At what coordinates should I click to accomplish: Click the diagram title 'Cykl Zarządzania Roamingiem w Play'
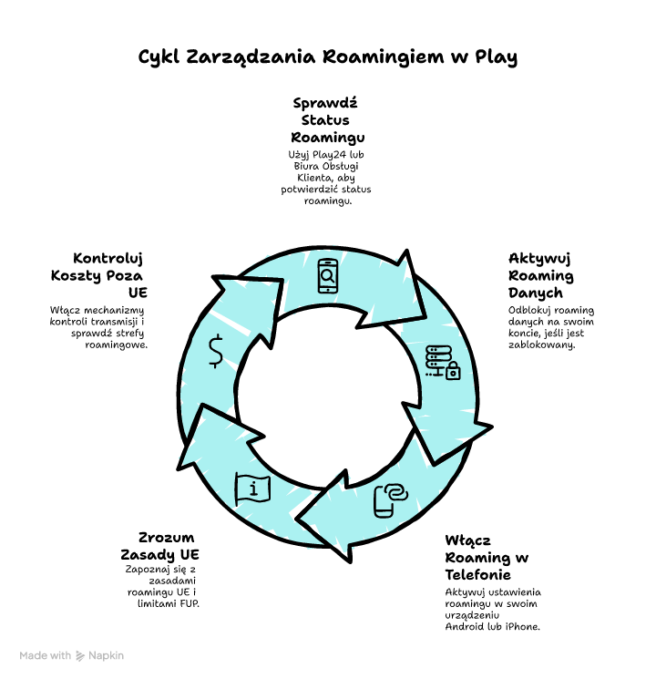pos(327,57)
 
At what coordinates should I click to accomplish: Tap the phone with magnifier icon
pos(328,276)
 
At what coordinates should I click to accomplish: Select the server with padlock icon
pos(443,362)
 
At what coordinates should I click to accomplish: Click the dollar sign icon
pos(216,351)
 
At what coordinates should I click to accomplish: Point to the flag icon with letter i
pos(252,489)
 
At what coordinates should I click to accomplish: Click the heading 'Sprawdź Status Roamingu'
pos(327,119)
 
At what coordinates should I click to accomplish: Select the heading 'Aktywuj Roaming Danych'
pos(541,275)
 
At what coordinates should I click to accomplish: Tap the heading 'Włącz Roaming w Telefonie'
pos(487,557)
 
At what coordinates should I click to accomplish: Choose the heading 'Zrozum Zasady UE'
pos(161,545)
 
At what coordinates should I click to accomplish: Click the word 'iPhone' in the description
pos(520,626)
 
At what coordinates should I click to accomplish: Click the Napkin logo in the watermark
pos(81,655)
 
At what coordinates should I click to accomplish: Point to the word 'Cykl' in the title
pos(158,57)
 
